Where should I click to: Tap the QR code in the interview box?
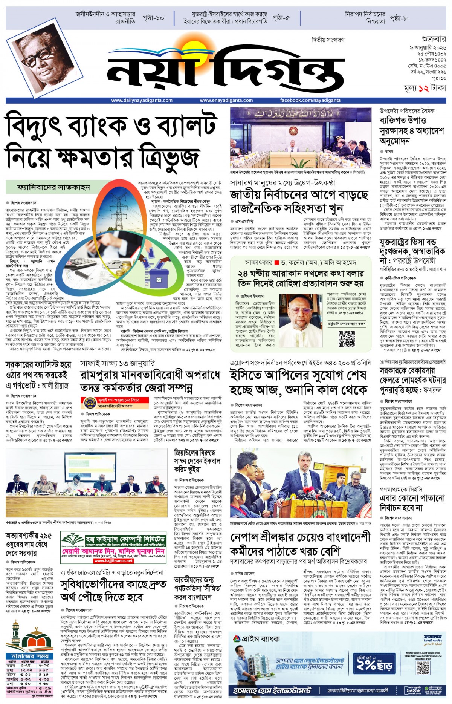[x=346, y=339]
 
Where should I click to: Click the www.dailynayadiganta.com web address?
[x=142, y=101]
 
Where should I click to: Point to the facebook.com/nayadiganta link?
[x=310, y=101]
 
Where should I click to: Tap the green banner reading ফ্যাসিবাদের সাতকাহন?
[x=53, y=187]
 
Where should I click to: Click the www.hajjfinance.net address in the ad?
[x=113, y=561]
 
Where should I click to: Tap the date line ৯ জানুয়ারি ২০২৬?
[x=428, y=48]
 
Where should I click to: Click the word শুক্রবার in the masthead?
[x=434, y=39]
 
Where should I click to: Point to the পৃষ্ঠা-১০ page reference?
[x=153, y=18]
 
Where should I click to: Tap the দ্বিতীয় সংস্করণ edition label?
[x=328, y=40]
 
